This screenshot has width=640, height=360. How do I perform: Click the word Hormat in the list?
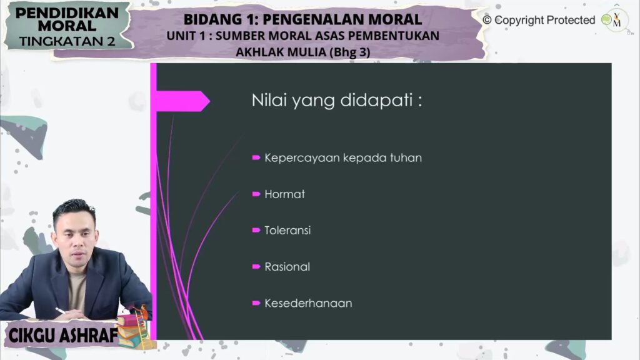[x=284, y=194]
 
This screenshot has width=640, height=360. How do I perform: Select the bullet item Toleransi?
[x=287, y=230]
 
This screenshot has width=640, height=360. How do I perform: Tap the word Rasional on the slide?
[x=287, y=266]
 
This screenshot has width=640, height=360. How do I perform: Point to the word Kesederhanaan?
[x=308, y=303]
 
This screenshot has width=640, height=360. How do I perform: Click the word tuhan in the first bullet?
[x=406, y=157]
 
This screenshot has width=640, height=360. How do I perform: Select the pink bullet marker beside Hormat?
[x=256, y=194]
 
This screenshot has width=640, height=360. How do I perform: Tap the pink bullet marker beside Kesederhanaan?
[x=256, y=303]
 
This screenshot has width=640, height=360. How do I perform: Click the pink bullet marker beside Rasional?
[x=256, y=266]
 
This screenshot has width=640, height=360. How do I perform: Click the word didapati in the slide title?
[x=376, y=100]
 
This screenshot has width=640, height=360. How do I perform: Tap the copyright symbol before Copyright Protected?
[x=487, y=19]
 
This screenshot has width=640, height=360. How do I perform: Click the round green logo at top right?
[x=606, y=19]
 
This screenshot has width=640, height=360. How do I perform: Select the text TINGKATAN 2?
[x=67, y=41]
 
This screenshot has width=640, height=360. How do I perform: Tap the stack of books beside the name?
[x=131, y=330]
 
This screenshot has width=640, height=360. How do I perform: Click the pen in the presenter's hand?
[x=60, y=311]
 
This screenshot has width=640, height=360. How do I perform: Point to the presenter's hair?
[x=74, y=209]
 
